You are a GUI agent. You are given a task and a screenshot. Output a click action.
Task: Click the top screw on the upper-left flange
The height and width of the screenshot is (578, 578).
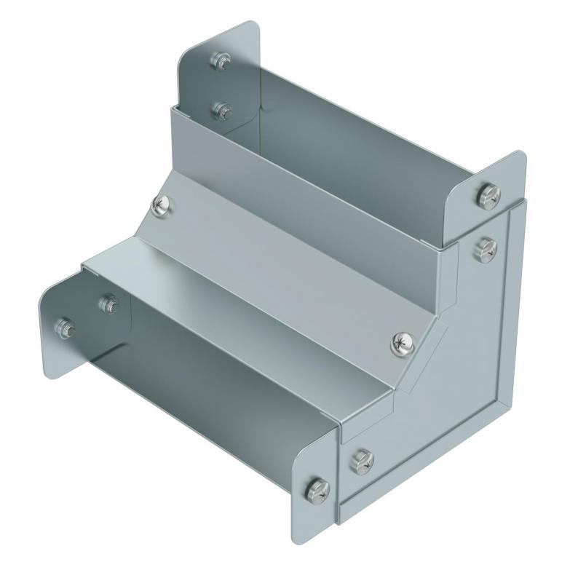click(x=218, y=60)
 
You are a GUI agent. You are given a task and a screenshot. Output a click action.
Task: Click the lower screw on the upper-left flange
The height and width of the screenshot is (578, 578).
click(x=221, y=111)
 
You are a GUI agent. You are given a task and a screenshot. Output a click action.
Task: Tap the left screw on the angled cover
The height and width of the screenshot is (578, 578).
click(x=162, y=207)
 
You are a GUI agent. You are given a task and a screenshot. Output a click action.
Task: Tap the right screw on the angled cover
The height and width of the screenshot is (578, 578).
click(x=403, y=341)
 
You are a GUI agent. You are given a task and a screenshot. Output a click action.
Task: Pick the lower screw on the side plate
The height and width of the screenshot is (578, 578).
click(x=362, y=459)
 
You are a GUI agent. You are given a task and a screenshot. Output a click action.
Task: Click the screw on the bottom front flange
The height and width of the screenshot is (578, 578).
click(x=318, y=488)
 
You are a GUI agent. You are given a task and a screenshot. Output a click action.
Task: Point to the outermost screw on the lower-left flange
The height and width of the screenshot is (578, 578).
click(x=64, y=328)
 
